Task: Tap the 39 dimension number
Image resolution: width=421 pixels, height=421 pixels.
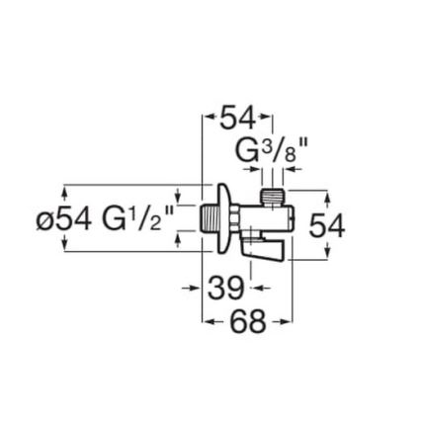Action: click(x=226, y=289)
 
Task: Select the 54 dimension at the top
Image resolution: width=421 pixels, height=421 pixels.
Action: click(x=238, y=120)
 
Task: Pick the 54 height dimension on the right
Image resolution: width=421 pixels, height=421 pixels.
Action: click(x=327, y=226)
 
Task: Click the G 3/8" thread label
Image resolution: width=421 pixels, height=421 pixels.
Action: click(x=272, y=151)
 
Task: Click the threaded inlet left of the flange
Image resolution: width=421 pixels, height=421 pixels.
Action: click(x=207, y=217)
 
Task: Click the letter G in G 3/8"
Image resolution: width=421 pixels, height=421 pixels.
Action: click(x=247, y=151)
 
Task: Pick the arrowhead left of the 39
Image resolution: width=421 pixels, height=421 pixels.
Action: click(x=197, y=288)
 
